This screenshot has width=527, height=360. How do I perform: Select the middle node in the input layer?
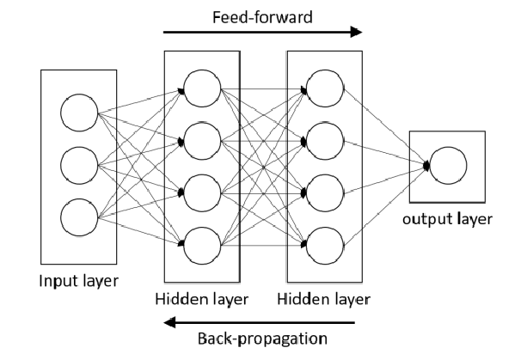click(x=77, y=163)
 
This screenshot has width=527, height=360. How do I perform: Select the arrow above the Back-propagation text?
click(x=262, y=323)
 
